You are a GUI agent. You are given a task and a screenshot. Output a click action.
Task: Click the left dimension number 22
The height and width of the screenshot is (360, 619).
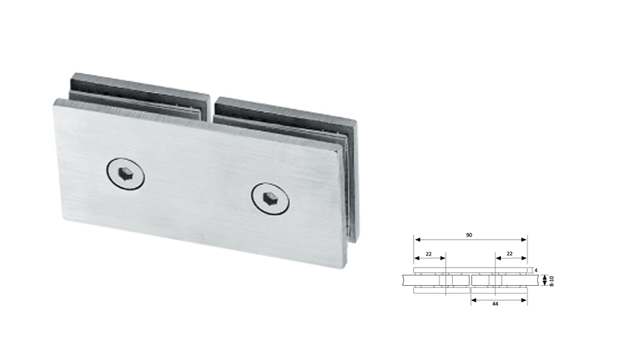[429, 253]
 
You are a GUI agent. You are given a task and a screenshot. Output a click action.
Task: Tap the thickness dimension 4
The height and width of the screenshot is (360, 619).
[536, 270]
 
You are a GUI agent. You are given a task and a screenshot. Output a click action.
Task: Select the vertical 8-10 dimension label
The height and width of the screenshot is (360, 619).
[551, 279]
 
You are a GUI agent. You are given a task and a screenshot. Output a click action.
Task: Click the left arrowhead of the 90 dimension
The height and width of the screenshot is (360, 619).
[417, 240]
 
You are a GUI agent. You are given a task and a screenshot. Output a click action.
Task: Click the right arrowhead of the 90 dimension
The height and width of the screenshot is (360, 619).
[525, 240]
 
